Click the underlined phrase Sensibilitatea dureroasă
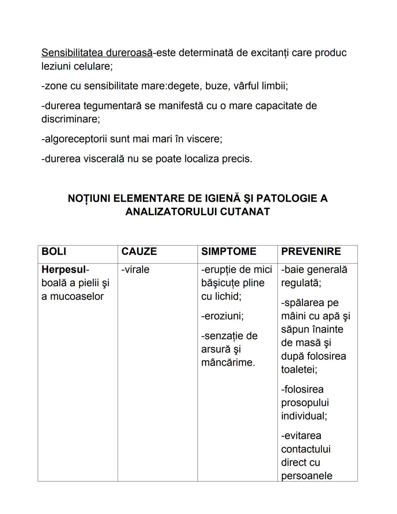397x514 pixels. click(97, 53)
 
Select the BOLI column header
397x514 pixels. click(54, 252)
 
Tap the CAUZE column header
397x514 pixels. click(139, 252)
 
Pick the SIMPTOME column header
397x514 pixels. click(229, 252)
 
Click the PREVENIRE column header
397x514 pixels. click(311, 252)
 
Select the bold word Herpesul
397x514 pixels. click(63, 270)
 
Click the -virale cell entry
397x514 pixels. click(135, 270)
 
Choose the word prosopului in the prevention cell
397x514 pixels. click(305, 403)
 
